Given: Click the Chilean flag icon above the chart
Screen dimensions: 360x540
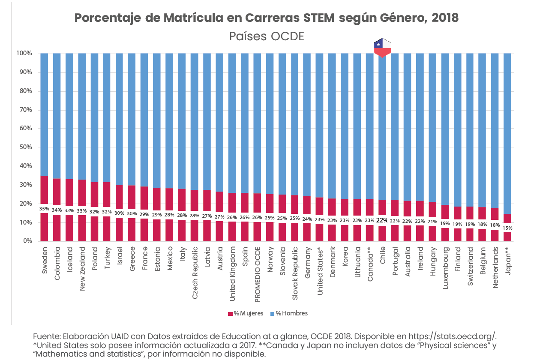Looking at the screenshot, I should [383, 48].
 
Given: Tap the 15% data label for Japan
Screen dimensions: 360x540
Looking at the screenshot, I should [507, 228].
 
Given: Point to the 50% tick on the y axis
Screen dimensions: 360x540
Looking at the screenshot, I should [24, 147].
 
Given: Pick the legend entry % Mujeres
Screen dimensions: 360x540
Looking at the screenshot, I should [246, 313].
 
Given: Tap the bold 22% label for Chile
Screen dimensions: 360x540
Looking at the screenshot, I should [382, 220].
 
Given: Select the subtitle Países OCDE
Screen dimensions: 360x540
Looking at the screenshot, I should [267, 36].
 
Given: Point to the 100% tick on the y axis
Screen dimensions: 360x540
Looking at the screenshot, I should [24, 54].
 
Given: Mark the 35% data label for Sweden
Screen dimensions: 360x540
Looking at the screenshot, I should [44, 209].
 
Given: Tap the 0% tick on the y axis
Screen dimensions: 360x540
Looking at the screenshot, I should [27, 241].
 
